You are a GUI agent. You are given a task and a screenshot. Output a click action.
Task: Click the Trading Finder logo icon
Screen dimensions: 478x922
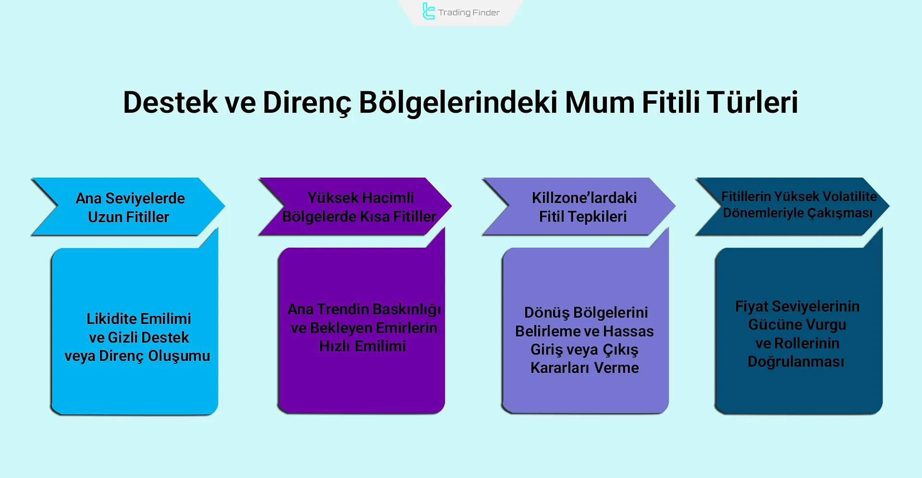[x=428, y=11]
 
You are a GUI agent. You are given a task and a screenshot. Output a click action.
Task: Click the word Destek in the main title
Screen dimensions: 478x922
[x=170, y=102]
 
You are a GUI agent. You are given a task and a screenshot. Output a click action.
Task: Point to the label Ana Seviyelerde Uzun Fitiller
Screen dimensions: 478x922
[x=130, y=207]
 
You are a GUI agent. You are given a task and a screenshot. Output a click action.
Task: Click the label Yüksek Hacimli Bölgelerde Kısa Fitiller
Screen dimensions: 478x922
[x=359, y=207]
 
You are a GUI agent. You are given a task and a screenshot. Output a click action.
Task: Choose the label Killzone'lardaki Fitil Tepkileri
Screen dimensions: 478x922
[x=583, y=207]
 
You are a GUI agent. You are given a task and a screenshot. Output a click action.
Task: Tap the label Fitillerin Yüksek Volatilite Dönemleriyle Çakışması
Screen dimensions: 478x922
[x=799, y=204]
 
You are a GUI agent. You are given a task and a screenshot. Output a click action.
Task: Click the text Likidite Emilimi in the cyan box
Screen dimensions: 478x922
[x=138, y=319]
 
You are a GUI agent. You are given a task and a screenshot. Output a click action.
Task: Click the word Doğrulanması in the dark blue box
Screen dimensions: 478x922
[x=796, y=361]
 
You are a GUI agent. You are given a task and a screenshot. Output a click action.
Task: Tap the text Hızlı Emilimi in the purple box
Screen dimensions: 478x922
[x=362, y=346]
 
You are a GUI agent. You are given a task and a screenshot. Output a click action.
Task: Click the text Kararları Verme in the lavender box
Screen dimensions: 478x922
[x=584, y=368]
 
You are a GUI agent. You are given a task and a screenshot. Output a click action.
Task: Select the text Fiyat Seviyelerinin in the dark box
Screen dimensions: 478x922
[x=797, y=306]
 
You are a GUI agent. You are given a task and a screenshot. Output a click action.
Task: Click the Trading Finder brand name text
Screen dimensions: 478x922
[x=468, y=12]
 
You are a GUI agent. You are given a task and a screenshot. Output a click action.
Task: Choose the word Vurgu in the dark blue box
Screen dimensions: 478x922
[x=825, y=325]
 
